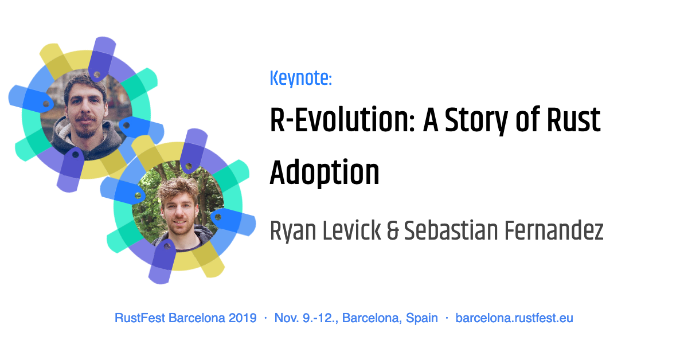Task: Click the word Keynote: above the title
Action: [x=300, y=79]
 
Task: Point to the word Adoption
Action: [x=325, y=171]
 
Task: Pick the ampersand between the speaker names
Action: [x=393, y=231]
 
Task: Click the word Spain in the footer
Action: [x=422, y=318]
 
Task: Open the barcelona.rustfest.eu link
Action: [x=514, y=318]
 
